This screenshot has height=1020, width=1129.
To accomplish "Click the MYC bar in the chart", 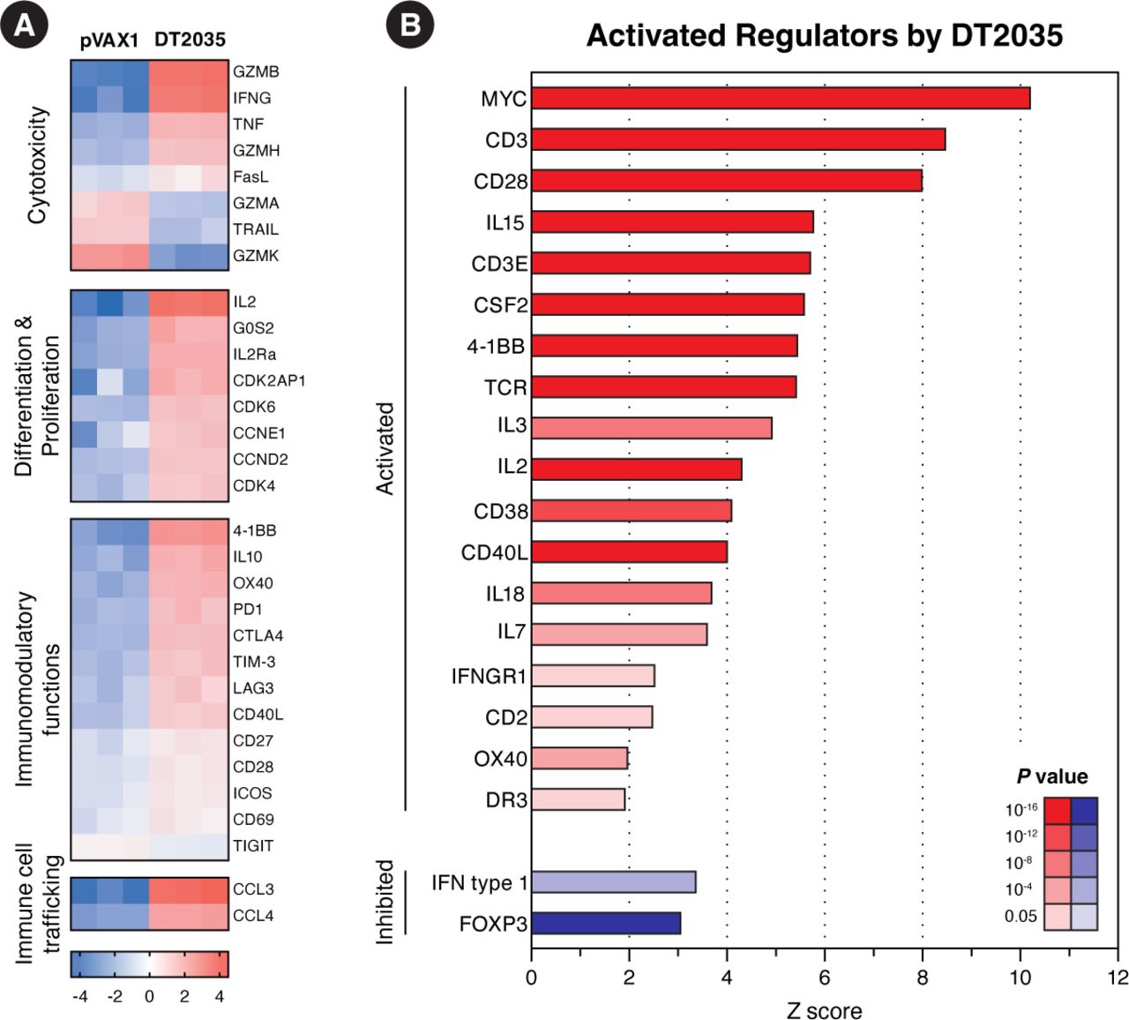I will [781, 98].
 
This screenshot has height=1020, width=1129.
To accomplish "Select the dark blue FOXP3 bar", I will [606, 924].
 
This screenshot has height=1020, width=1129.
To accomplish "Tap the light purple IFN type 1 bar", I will [613, 882].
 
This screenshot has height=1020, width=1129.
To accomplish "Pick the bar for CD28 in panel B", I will [726, 181].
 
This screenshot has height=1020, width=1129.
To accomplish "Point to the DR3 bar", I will [578, 799].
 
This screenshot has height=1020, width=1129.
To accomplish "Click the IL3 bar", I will [651, 428].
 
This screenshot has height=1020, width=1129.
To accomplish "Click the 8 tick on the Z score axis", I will [923, 978].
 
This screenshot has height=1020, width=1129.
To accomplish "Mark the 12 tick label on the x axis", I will [1118, 978].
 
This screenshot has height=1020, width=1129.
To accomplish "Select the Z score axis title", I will [824, 1009].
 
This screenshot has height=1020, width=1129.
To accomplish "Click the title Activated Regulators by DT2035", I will [824, 35].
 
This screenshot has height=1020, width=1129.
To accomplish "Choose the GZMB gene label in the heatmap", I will [256, 71].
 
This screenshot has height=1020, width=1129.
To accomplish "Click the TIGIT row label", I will [253, 845].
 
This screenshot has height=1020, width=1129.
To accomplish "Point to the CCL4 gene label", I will [253, 916].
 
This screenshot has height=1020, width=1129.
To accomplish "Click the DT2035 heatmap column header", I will [190, 40].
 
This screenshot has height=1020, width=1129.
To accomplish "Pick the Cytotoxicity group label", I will [37, 165].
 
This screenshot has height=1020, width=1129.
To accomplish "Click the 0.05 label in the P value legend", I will [1021, 916].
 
